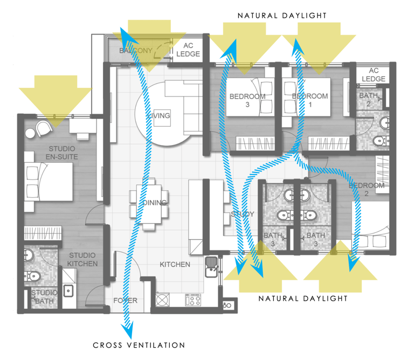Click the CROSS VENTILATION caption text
pos(139,345)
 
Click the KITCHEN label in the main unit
pos(175,265)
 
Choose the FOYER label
pos(125,301)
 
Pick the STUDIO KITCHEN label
pos(82,259)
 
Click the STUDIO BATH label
pos(45,297)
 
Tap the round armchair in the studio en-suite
pos(42,128)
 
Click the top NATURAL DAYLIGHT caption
pos(282,16)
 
